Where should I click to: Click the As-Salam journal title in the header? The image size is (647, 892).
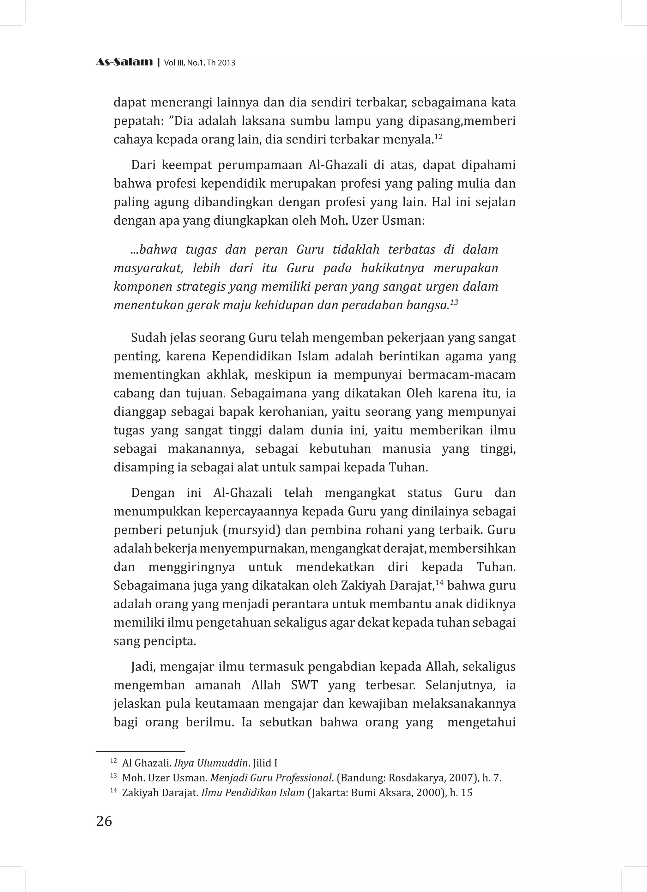click(124, 62)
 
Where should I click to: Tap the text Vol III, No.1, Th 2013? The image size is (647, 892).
click(199, 63)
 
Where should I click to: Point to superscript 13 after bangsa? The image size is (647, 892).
click(454, 302)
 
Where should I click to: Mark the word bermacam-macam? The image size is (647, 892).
click(462, 375)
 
